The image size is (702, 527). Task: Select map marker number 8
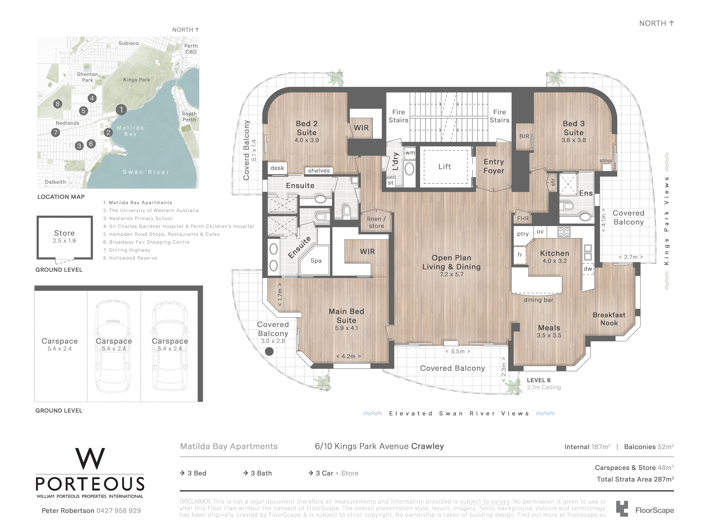pos(57,104)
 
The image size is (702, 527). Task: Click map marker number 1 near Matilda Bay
pos(121,110)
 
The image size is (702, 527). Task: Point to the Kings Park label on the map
pos(136,80)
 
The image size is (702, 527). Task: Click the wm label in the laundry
pos(410,153)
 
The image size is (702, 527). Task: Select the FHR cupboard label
pos(523,219)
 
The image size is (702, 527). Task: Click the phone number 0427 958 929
pos(119,511)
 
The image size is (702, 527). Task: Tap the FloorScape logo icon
pos(622,509)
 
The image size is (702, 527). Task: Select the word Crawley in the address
pos(428,446)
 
